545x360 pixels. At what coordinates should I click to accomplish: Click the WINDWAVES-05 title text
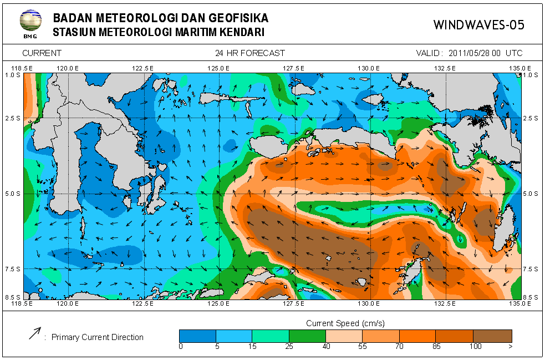[478, 25]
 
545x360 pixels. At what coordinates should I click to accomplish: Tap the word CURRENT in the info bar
[42, 53]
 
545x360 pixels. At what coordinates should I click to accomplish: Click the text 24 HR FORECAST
[250, 53]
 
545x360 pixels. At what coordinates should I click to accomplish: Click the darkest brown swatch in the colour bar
[492, 336]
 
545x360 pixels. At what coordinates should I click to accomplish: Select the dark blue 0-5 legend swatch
[197, 336]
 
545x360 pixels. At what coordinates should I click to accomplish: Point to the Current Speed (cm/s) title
[345, 323]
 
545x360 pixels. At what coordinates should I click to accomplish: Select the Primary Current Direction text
[98, 337]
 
